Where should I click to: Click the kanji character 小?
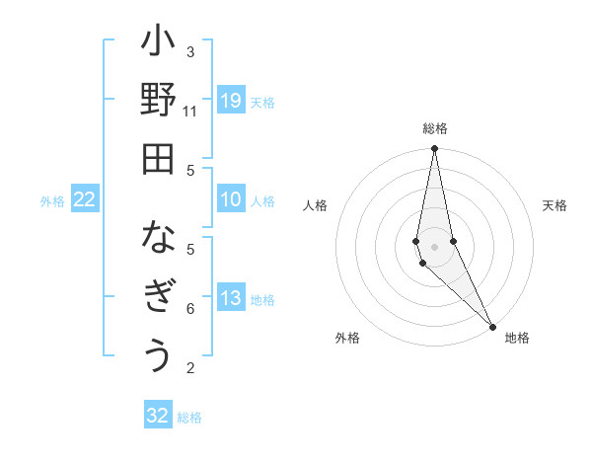pos(158,43)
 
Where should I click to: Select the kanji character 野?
pos(158,102)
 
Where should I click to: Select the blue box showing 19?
pos(230,100)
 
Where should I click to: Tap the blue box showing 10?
pos(230,199)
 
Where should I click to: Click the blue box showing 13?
pos(230,298)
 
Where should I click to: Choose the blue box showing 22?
pos(85,199)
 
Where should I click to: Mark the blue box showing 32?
pos(158,416)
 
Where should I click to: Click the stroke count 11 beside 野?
pos(190,112)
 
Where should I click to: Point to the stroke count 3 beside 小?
pos(190,52)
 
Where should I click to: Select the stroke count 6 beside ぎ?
pos(190,309)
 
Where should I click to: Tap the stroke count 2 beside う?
pos(190,368)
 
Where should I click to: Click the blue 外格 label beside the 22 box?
pos(52,201)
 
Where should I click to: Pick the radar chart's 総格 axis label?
pos(435,128)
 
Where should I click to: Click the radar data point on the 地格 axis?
pos(492,327)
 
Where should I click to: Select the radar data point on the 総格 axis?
pos(434,149)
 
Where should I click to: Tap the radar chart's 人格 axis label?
pos(316,205)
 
